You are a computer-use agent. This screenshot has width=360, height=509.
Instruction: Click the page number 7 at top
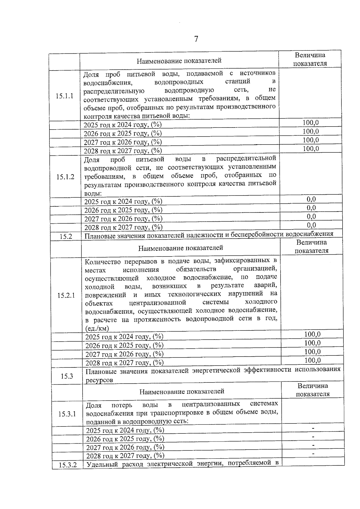pyautogui.click(x=196, y=39)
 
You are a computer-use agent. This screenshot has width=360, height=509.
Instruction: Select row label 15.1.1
pyautogui.click(x=64, y=96)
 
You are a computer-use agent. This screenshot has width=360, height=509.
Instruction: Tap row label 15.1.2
pyautogui.click(x=65, y=177)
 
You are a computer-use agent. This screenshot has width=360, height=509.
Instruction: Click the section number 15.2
pyautogui.click(x=66, y=236)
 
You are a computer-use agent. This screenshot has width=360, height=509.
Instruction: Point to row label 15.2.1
pyautogui.click(x=66, y=295)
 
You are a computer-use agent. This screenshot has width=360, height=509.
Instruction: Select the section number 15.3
pyautogui.click(x=67, y=376)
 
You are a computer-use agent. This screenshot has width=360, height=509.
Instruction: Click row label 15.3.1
pyautogui.click(x=67, y=414)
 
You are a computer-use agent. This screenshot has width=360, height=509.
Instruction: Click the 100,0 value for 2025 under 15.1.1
pyautogui.click(x=310, y=123)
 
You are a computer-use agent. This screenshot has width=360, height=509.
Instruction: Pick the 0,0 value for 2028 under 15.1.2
pyautogui.click(x=311, y=225)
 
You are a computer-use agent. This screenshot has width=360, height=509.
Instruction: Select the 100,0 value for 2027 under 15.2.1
pyautogui.click(x=312, y=352)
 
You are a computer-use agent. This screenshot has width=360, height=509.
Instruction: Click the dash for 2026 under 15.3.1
pyautogui.click(x=313, y=436)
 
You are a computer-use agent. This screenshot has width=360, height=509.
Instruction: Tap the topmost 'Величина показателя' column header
pyautogui.click(x=310, y=59)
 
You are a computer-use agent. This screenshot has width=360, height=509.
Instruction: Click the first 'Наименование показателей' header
pyautogui.click(x=179, y=61)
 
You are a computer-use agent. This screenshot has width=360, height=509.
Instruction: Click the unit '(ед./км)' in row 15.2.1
pyautogui.click(x=97, y=328)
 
